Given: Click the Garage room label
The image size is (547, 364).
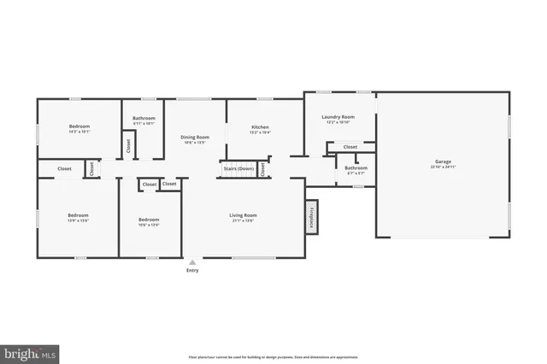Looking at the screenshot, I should (443, 161).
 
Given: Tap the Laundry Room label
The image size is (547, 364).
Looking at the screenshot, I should (338, 117).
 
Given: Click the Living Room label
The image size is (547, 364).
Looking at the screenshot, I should (243, 214).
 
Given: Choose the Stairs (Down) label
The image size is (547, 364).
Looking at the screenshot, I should (238, 169).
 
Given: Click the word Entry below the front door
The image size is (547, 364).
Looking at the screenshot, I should (192, 271).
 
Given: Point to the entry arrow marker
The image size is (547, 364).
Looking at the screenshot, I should (192, 261).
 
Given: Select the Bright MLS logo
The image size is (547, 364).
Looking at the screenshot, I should (30, 351).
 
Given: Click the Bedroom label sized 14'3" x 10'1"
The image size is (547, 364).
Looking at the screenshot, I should (79, 126).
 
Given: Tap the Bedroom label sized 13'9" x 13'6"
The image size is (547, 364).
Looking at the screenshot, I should (79, 214).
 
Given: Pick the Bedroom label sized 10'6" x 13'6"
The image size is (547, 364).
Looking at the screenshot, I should (149, 220).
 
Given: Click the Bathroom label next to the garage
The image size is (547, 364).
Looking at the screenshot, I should (356, 167).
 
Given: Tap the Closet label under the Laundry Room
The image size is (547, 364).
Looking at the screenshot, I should (350, 147).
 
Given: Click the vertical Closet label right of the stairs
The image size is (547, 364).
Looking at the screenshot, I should (263, 169).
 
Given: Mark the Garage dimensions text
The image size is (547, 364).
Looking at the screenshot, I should (443, 166).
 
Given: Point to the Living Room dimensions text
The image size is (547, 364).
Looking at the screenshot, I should (243, 220).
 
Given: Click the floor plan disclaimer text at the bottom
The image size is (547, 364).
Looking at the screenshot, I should (273, 356).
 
